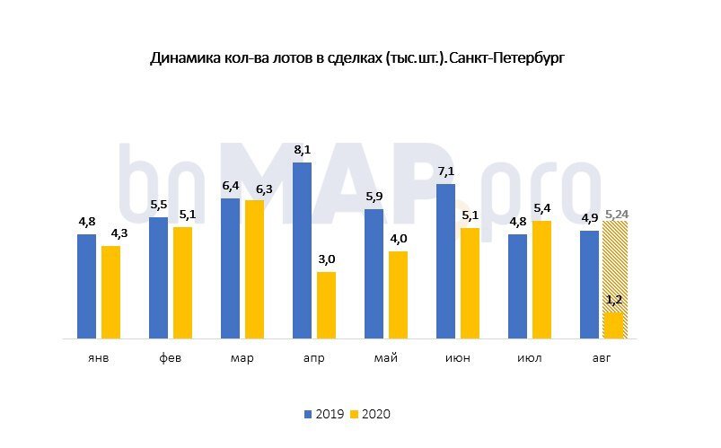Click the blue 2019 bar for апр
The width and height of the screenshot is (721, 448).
[x=302, y=250]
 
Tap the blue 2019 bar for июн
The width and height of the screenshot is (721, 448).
[x=445, y=261]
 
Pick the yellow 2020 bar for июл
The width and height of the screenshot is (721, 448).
[x=541, y=279]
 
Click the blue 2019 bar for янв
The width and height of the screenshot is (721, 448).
[x=86, y=285]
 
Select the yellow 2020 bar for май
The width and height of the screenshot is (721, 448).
[x=398, y=294]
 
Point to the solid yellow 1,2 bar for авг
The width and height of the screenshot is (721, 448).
[x=613, y=324]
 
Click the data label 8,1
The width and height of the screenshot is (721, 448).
[x=303, y=151]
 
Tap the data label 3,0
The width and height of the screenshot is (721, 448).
[x=326, y=260]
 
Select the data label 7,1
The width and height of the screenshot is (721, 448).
[x=446, y=172]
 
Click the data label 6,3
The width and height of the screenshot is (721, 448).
[x=254, y=189]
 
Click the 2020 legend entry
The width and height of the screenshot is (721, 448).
[x=370, y=414]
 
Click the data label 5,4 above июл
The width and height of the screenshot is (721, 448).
[x=541, y=209]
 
